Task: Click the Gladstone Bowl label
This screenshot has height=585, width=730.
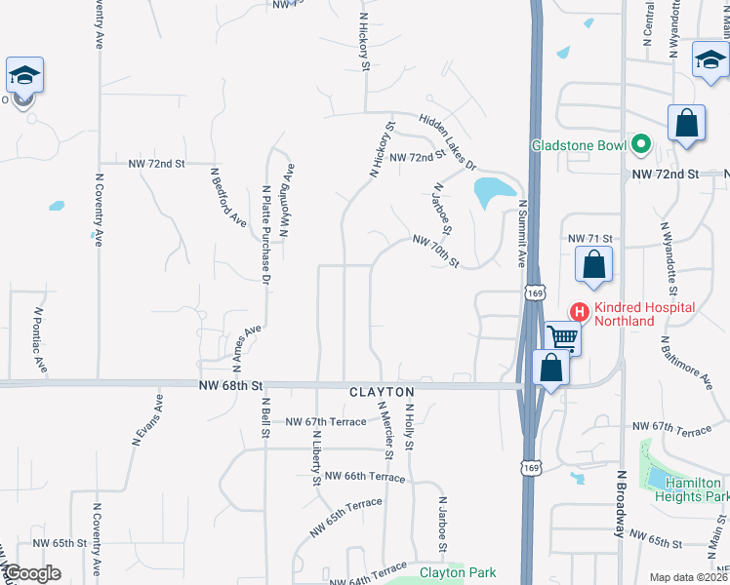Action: tap(578, 146)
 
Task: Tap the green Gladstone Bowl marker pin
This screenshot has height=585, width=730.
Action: tap(641, 146)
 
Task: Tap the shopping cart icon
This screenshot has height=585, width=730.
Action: tap(563, 338)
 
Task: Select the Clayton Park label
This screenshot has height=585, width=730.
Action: tap(458, 573)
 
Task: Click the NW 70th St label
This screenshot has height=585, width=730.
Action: tap(435, 251)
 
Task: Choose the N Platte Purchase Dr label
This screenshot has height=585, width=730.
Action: tap(264, 233)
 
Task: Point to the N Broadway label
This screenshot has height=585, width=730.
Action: tap(619, 503)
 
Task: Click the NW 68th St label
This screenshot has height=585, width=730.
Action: tap(231, 386)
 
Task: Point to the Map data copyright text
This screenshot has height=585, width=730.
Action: tap(689, 577)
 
